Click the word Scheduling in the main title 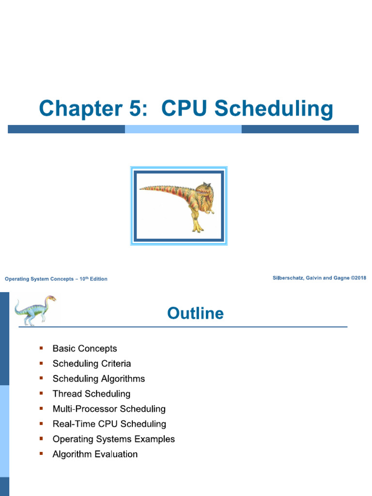tap(274, 109)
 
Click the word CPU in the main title tap(185, 108)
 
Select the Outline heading tap(195, 313)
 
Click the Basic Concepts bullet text tap(85, 349)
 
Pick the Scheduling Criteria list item tap(92, 364)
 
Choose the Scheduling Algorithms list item tap(99, 379)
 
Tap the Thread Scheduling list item tap(92, 394)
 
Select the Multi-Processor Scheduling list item tap(109, 409)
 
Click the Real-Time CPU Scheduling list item tap(109, 424)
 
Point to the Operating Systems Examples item tap(114, 439)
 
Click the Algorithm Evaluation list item tap(95, 454)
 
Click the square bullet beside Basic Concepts tap(41, 348)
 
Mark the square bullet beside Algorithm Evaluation tap(41, 454)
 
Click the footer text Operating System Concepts tap(39, 279)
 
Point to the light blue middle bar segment tap(183, 129)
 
